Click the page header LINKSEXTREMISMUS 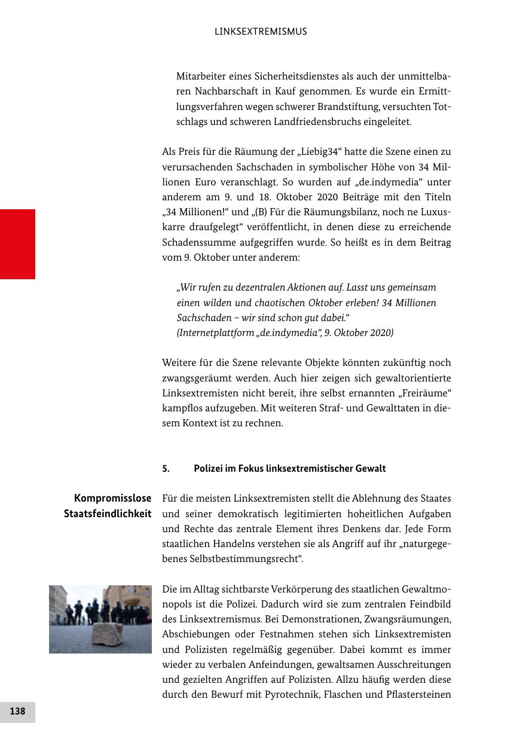261,32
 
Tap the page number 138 17,712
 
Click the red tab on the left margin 17,244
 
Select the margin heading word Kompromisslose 113,498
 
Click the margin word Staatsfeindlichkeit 108,514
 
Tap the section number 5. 166,469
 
